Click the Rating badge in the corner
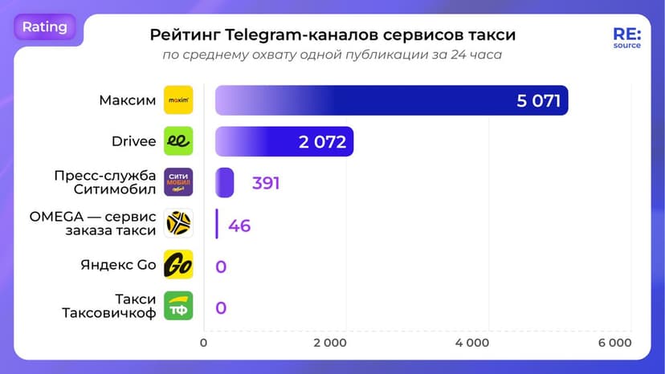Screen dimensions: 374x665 click(x=45, y=27)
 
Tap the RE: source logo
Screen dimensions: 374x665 click(x=626, y=39)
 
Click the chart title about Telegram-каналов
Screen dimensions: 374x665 click(x=332, y=35)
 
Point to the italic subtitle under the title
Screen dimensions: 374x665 click(x=332, y=55)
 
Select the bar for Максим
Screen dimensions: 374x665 click(x=391, y=100)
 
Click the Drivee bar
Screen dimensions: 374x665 click(x=284, y=141)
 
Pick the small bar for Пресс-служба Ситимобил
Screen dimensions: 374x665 click(x=224, y=182)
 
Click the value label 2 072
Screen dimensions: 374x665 click(x=322, y=142)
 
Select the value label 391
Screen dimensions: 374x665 click(x=265, y=183)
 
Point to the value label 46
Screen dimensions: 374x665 click(x=239, y=225)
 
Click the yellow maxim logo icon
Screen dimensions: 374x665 click(x=178, y=100)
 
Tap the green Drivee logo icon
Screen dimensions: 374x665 click(x=178, y=141)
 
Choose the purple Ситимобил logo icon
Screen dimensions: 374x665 click(x=178, y=182)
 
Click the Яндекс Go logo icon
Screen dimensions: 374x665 click(x=178, y=265)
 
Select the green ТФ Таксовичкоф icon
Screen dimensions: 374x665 click(x=178, y=306)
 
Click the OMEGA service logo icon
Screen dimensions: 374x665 click(x=178, y=223)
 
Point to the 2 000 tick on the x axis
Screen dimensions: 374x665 click(x=329, y=344)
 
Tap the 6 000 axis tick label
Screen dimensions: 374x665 click(x=614, y=344)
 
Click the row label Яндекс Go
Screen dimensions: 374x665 click(x=118, y=265)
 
